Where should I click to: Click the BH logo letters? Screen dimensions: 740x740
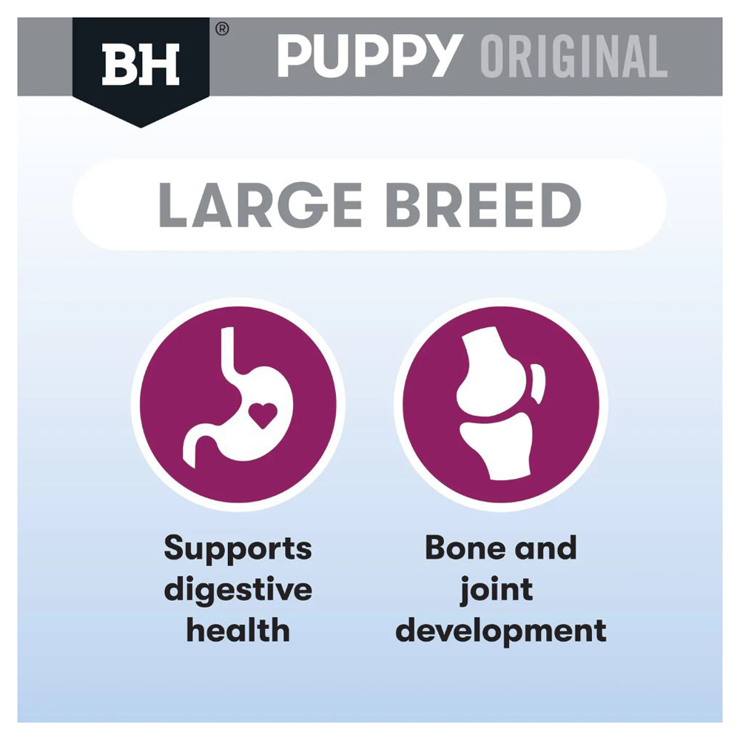tap(141, 64)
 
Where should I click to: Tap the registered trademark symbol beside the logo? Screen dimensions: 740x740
tap(222, 30)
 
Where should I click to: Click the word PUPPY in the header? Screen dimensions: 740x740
tap(369, 55)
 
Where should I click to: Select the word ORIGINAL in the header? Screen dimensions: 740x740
tap(574, 56)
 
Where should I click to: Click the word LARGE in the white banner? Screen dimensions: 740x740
tap(260, 205)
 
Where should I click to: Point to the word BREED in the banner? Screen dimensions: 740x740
tap(484, 205)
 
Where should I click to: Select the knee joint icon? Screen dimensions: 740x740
tap(501, 403)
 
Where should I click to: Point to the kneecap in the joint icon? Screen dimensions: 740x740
tap(538, 383)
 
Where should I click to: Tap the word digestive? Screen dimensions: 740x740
tap(238, 591)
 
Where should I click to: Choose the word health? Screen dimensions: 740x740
tap(238, 630)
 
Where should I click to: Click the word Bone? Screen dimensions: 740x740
tap(465, 548)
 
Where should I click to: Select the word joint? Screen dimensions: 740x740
tap(497, 591)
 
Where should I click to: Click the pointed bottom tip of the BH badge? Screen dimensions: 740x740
tap(141, 127)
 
